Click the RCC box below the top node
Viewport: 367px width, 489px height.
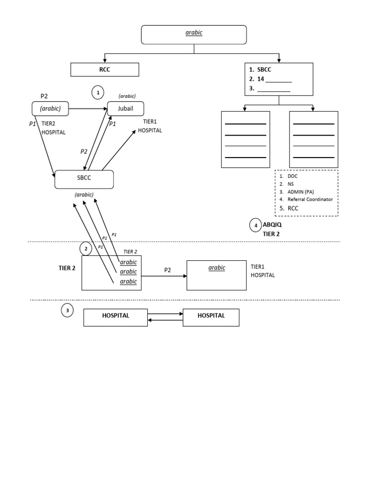tap(105, 70)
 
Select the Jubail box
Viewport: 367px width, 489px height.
tap(125, 108)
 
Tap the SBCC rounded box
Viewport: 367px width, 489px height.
tap(84, 180)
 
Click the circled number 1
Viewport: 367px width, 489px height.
tap(98, 92)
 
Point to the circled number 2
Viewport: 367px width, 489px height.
tap(86, 249)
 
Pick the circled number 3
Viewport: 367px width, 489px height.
tap(67, 311)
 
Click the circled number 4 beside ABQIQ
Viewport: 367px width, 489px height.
tap(256, 225)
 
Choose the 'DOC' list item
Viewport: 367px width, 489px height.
tap(292, 176)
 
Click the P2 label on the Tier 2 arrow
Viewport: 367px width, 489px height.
tap(168, 270)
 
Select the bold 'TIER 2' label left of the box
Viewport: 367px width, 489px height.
tap(67, 268)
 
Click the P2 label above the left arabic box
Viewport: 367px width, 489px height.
tap(44, 96)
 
